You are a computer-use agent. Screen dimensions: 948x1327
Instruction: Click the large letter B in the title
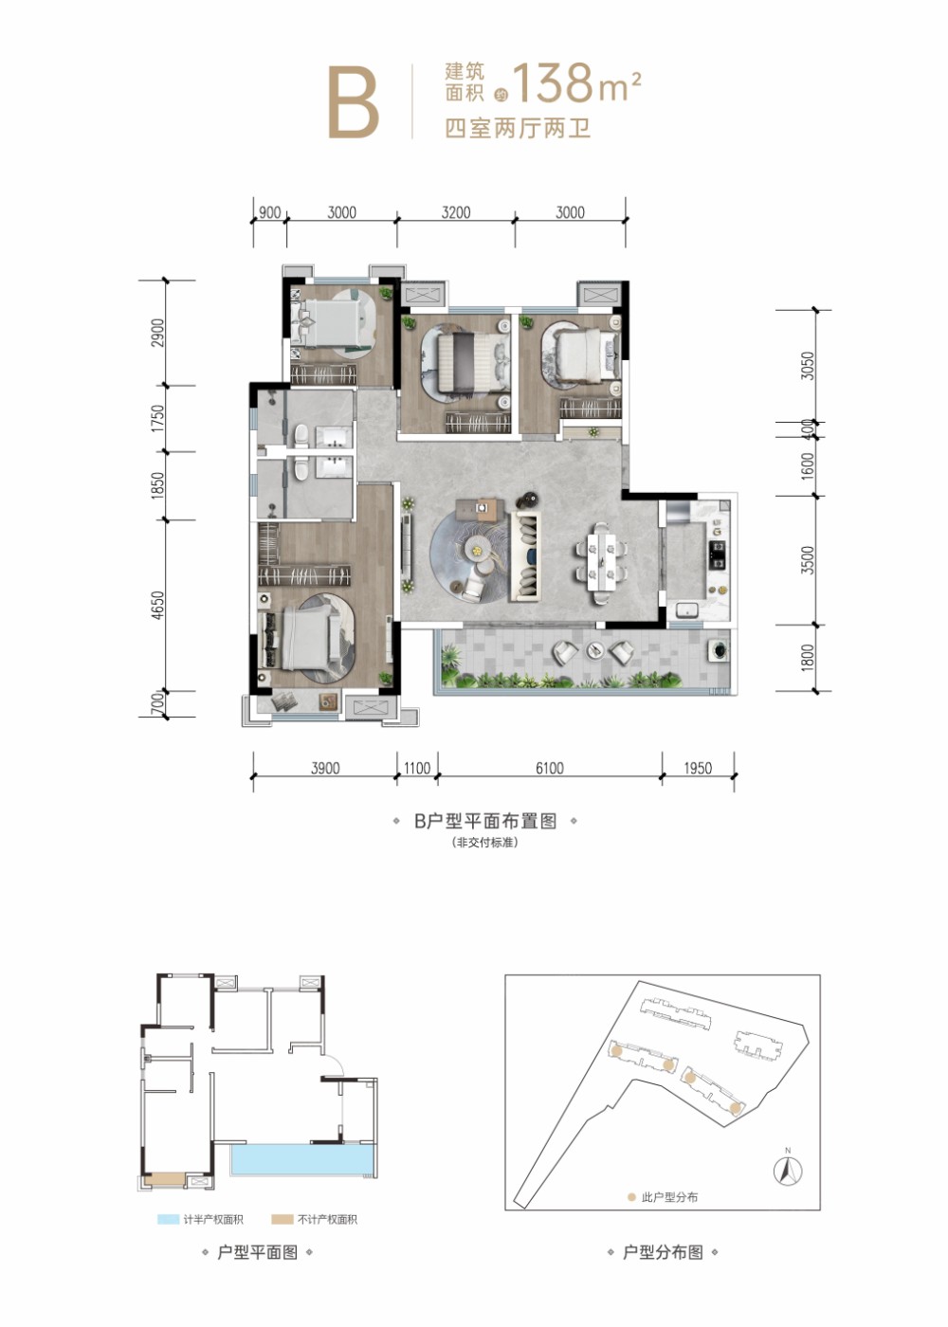pos(354,102)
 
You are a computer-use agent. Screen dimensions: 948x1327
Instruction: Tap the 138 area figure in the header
pos(554,82)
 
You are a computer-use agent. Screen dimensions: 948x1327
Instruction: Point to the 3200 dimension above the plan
pos(456,212)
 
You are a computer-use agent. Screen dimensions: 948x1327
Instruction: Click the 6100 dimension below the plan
pos(549,768)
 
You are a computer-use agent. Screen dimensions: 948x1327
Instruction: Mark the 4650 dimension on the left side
pos(157,606)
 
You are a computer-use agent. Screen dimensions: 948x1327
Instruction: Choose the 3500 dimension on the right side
pos(807,560)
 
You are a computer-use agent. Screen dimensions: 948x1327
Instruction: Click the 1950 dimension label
pos(698,768)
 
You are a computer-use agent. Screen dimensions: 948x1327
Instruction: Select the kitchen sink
pos(687,609)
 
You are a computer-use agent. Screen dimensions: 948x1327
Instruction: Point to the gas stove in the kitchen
pos(718,554)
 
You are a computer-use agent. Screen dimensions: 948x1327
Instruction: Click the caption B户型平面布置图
pos(485,821)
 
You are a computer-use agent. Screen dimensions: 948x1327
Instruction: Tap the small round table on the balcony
pos(594,650)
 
